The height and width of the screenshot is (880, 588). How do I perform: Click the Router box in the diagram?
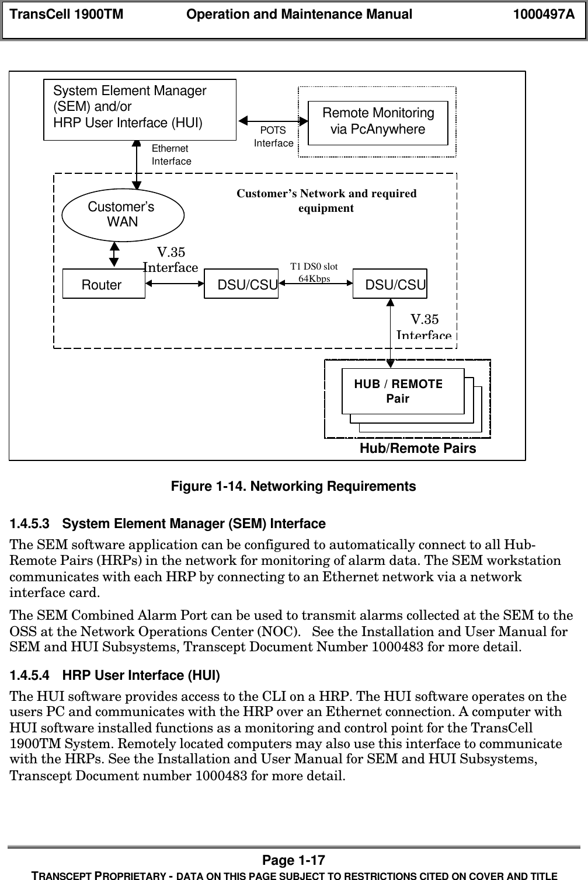tap(103, 284)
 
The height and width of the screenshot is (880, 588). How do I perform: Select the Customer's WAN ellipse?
tap(123, 214)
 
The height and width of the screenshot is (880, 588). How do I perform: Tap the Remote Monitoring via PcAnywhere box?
tap(378, 121)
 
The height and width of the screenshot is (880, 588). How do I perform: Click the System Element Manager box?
tap(140, 109)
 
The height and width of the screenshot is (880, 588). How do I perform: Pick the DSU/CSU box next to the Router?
tap(241, 284)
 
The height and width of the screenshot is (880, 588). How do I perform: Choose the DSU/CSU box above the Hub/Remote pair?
tap(390, 284)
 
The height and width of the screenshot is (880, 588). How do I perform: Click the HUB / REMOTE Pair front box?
tap(403, 391)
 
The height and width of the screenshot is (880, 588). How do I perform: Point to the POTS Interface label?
tap(273, 137)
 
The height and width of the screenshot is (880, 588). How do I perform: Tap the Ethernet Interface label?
tap(171, 155)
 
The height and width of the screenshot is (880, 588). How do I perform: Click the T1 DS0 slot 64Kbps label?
tap(314, 273)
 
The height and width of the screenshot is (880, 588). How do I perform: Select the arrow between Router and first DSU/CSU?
tap(175, 284)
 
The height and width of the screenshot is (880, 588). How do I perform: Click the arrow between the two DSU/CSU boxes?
tap(316, 284)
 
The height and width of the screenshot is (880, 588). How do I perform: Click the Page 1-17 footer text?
tap(294, 860)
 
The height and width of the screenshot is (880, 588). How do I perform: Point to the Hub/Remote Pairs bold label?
tap(417, 448)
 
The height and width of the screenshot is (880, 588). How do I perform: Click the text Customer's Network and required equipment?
tap(326, 200)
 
